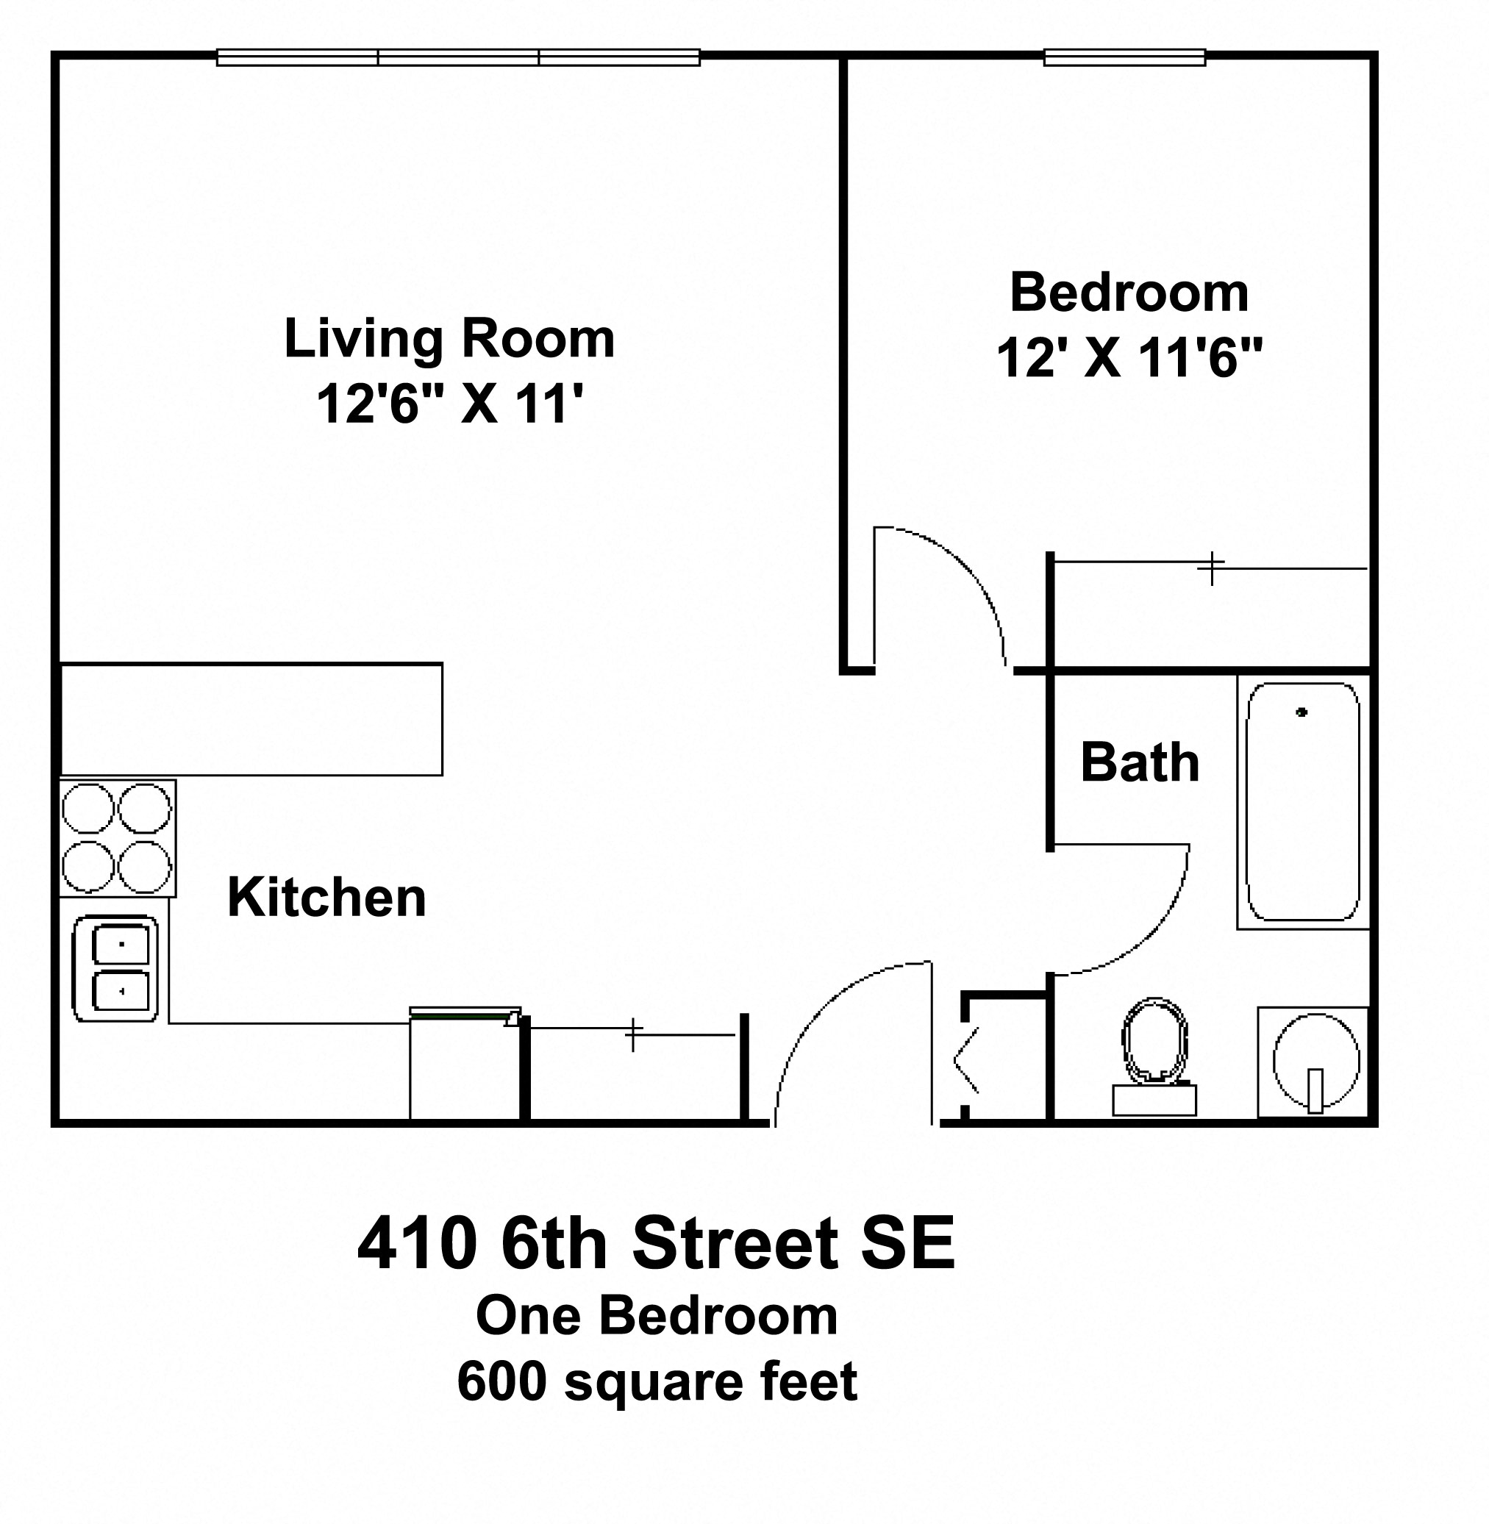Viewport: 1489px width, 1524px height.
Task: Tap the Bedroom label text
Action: click(x=1129, y=293)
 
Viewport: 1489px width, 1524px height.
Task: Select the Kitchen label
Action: click(x=327, y=897)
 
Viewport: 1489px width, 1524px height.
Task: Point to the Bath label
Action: click(x=1140, y=762)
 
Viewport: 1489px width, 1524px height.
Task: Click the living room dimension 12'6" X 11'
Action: click(x=450, y=404)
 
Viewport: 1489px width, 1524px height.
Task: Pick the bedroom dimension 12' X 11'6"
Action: click(x=1129, y=358)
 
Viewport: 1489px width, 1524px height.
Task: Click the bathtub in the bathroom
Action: click(x=1302, y=802)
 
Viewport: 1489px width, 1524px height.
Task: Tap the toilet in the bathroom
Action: click(x=1154, y=1056)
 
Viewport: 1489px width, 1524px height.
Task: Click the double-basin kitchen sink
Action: click(x=115, y=969)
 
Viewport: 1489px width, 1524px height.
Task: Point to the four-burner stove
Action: click(x=118, y=838)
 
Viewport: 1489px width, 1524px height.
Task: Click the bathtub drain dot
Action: click(x=1301, y=712)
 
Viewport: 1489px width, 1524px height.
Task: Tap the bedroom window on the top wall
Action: click(x=1124, y=57)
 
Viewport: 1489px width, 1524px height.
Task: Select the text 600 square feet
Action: click(x=657, y=1381)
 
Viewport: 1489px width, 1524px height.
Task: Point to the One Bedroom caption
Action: click(x=657, y=1315)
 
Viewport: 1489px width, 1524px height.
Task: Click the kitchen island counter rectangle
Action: click(x=251, y=720)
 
